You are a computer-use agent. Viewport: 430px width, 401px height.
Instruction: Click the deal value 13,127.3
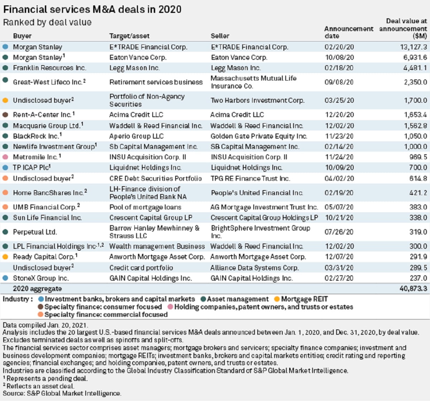(x=414, y=47)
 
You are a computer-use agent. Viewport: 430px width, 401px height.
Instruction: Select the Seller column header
(x=220, y=36)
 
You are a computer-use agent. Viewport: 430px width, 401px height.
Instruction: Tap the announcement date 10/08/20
(x=339, y=57)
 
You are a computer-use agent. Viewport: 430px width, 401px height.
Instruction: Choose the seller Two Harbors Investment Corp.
(x=257, y=100)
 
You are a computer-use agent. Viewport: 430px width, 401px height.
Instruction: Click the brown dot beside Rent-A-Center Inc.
(x=5, y=115)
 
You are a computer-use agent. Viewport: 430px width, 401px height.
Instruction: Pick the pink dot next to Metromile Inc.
(x=5, y=157)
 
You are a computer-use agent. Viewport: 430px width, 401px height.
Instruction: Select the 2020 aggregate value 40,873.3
(x=413, y=289)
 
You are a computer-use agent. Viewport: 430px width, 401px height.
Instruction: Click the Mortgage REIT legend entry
(x=304, y=299)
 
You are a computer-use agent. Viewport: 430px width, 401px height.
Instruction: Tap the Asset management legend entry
(x=237, y=299)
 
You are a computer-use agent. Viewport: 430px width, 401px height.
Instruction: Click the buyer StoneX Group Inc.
(x=41, y=278)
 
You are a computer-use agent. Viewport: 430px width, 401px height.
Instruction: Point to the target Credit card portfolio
(x=141, y=268)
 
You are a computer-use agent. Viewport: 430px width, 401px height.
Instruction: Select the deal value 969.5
(x=418, y=157)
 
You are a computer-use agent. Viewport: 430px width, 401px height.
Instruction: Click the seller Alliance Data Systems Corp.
(x=254, y=268)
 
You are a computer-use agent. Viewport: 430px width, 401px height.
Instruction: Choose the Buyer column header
(x=22, y=36)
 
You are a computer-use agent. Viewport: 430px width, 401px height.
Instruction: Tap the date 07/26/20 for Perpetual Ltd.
(x=339, y=232)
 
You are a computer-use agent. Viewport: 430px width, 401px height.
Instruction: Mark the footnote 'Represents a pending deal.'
(x=47, y=378)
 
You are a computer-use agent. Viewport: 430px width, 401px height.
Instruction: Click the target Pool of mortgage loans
(x=145, y=207)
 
